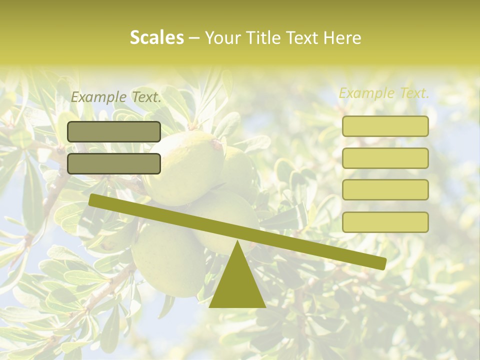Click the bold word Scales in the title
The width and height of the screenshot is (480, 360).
[156, 37]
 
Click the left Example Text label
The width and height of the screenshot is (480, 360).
[116, 97]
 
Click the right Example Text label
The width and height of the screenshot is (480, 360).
[384, 93]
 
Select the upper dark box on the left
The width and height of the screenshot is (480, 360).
[113, 131]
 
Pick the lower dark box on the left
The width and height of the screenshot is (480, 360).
[113, 163]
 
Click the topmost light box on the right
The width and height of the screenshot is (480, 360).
[385, 126]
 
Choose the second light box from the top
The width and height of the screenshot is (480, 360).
[385, 158]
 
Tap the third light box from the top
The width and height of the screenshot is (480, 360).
[385, 189]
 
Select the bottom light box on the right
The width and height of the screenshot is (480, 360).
[385, 222]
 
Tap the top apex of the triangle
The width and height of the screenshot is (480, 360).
[237, 243]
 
